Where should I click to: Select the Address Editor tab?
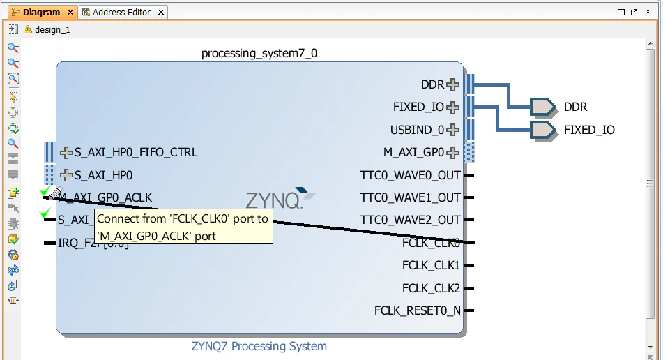[x=121, y=12]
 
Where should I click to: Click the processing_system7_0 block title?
[x=259, y=53]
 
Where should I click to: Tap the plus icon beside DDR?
[x=453, y=84]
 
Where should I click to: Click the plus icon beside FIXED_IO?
[x=453, y=107]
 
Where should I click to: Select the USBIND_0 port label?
[x=417, y=130]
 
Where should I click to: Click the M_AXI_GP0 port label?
[x=413, y=152]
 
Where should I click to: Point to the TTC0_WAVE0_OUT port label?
[x=411, y=175]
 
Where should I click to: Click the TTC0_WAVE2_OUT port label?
[x=411, y=220]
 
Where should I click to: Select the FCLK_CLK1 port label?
[x=431, y=265]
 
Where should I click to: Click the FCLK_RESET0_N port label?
[x=418, y=310]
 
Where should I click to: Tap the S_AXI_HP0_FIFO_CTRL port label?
[x=135, y=152]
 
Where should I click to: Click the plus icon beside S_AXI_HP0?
[x=66, y=175]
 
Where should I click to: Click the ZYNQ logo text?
[x=273, y=200]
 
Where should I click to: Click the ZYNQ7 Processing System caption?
[x=259, y=346]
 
